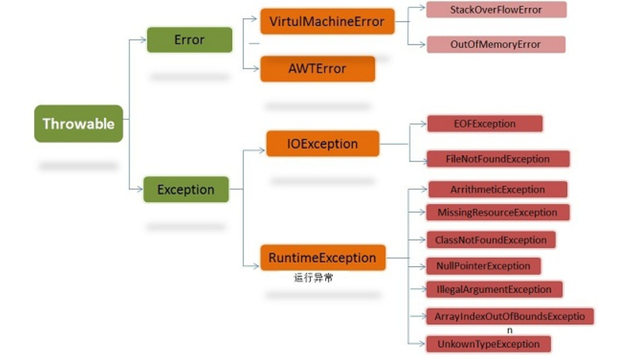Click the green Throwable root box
point(78,124)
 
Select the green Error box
point(189,40)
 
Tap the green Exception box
point(186,190)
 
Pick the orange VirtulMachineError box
point(327,22)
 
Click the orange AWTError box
point(317,69)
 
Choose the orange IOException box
point(322,144)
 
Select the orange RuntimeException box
point(322,258)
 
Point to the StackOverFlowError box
point(496,10)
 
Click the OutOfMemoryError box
point(495,44)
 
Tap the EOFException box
point(484,124)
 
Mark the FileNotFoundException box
point(497,159)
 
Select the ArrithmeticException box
point(497,190)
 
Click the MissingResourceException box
point(497,212)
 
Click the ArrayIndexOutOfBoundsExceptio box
point(509,316)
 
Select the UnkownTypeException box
point(488,344)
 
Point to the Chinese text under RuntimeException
point(313,278)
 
